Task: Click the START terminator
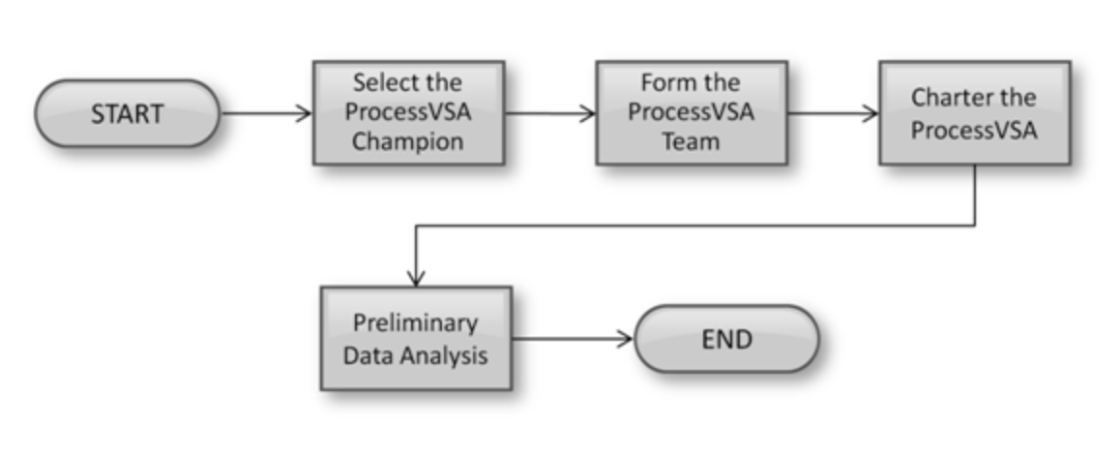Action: point(127,113)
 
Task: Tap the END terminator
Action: point(726,339)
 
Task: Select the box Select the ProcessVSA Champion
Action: point(407,112)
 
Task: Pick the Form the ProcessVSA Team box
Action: point(691,112)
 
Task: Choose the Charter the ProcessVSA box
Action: point(973,112)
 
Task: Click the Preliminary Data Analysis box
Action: point(416,339)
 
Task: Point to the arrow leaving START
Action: point(266,113)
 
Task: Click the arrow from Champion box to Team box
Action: point(549,113)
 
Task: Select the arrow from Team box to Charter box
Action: point(833,113)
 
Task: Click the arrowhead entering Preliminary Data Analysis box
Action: point(416,279)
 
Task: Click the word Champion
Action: point(407,141)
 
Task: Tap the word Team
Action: point(691,141)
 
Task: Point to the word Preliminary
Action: point(415,323)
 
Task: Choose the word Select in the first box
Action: point(381,82)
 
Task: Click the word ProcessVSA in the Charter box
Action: point(973,129)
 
